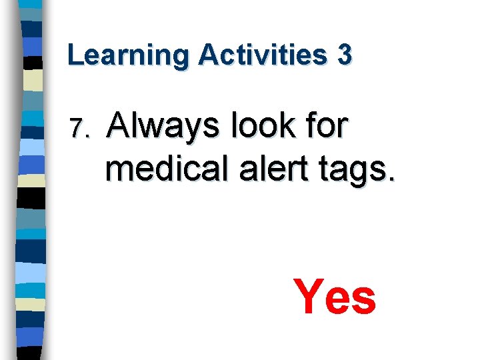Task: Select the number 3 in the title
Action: click(x=344, y=55)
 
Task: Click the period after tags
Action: click(x=392, y=180)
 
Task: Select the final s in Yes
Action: click(x=364, y=301)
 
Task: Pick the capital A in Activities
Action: click(x=209, y=55)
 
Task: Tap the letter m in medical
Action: click(x=119, y=172)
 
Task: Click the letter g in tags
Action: click(x=359, y=175)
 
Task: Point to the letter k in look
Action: click(x=291, y=125)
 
